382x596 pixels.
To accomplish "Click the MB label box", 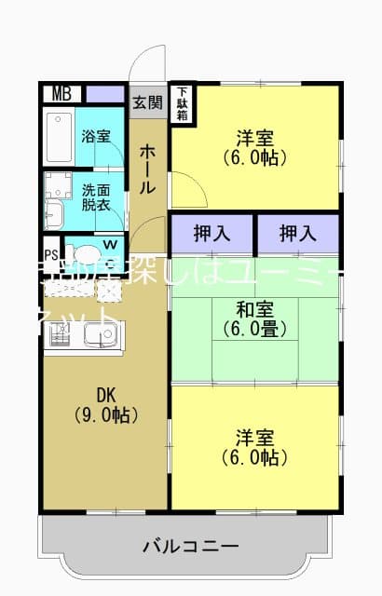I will (62, 93).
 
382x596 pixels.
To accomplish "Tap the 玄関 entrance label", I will (146, 102).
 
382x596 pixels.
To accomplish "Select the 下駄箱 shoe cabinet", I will (184, 103).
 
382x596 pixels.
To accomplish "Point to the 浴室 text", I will (95, 136).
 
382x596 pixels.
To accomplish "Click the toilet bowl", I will (87, 255).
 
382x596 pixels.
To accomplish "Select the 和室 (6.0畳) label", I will (254, 319).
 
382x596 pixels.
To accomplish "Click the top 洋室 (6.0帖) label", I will (254, 147).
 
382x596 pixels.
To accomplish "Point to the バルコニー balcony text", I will (191, 546).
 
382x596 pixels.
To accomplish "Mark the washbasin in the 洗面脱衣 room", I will (52, 213).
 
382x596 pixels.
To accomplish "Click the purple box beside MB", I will (106, 93).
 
